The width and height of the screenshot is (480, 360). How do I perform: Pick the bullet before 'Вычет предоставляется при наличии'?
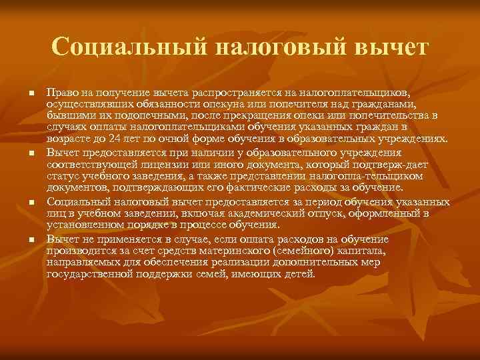tap(31, 154)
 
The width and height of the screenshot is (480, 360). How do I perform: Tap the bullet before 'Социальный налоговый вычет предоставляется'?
tap(31, 201)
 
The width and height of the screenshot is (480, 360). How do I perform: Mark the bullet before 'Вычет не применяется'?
tap(31, 238)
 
